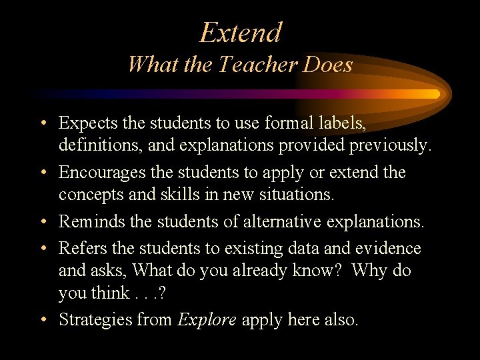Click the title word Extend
coord(241,32)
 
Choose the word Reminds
coord(88,222)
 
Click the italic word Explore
coord(207,319)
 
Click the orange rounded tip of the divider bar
coord(435,94)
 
